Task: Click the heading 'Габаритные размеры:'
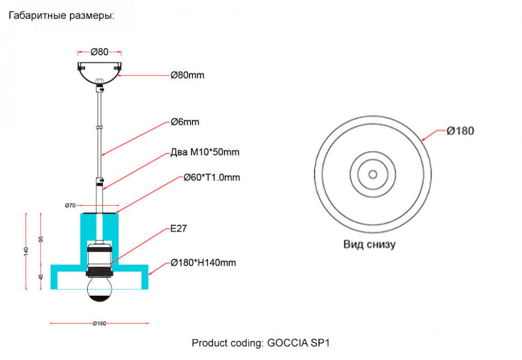pos(61,16)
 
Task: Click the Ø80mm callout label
pos(187,75)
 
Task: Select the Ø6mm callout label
pos(185,122)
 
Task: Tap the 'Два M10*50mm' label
pos(204,152)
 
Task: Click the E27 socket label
pos(178,229)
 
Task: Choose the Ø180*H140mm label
pos(203,263)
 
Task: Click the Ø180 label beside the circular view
pos(460,131)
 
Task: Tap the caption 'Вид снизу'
pos(369,245)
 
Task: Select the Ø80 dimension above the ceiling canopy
pos(100,52)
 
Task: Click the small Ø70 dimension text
pos(70,206)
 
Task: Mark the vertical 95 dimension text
pos(41,238)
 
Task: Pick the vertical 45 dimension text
pos(41,277)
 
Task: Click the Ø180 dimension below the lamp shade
pos(99,323)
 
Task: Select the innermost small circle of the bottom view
pos(372,174)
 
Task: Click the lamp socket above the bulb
pos(99,258)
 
